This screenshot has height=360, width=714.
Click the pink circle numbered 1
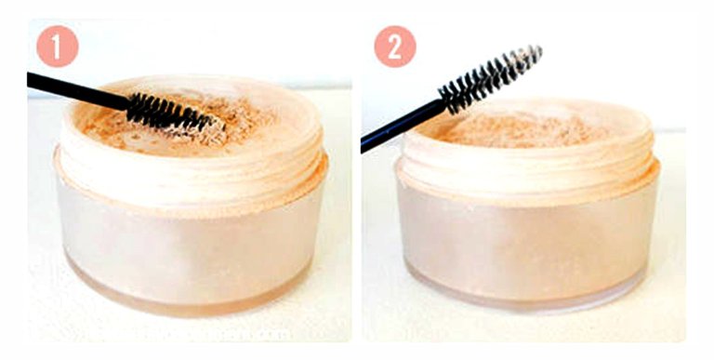click(x=58, y=47)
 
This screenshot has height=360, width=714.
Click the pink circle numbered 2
click(x=395, y=47)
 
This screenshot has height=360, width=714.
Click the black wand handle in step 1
click(x=77, y=90)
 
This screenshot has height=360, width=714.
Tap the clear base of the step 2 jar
click(x=527, y=292)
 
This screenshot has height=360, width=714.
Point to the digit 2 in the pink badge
click(x=395, y=47)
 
